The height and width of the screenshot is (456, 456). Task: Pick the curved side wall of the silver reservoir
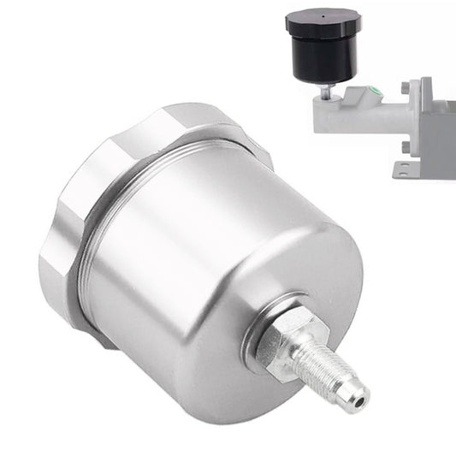[x=163, y=282]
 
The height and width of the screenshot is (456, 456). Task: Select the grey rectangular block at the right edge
[x=441, y=128]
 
